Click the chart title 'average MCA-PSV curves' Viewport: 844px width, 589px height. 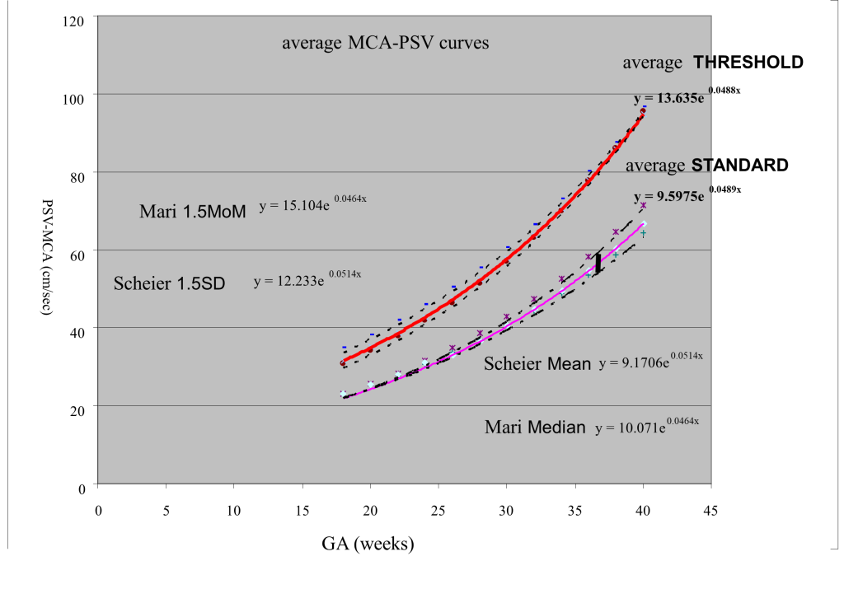(x=385, y=42)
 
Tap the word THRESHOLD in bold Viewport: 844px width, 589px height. (x=748, y=63)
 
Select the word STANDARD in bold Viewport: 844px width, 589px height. (x=739, y=166)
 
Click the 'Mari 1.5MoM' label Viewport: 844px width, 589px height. (x=193, y=212)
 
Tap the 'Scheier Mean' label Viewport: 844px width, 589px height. (x=537, y=363)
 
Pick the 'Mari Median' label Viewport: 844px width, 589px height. (x=535, y=428)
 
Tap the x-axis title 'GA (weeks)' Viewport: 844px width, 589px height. (x=367, y=542)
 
